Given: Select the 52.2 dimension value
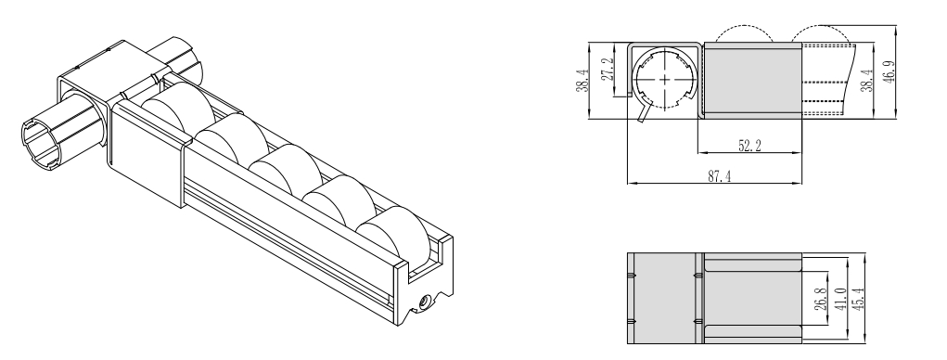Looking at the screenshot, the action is pos(749,146).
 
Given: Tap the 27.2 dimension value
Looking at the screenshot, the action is pos(608,69).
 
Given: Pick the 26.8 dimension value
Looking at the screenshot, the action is pos(820,299).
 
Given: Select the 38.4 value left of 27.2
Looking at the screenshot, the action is pos(582,81).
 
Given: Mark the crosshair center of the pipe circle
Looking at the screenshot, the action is pos(665,79).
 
